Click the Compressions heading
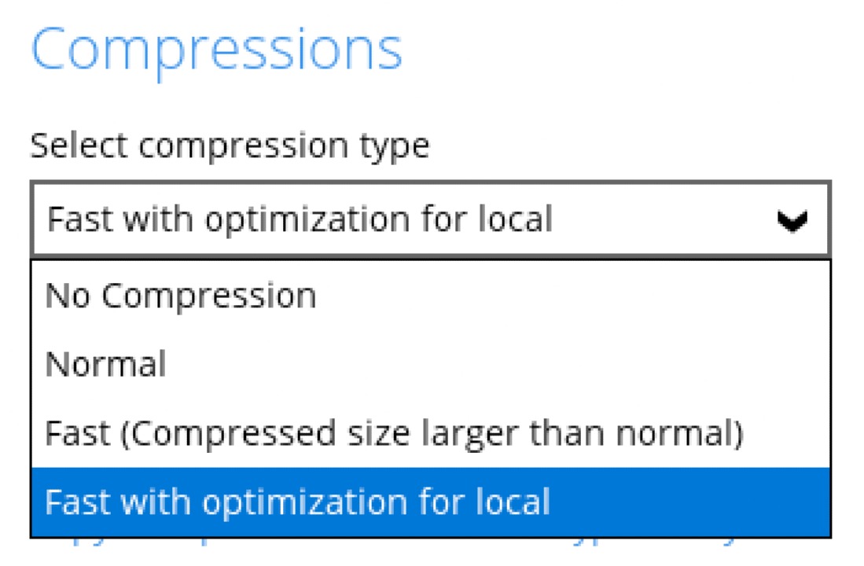click(x=216, y=49)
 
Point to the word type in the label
click(x=399, y=147)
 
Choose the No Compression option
click(x=181, y=296)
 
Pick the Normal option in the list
click(x=105, y=364)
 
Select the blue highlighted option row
click(x=431, y=502)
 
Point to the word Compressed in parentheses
click(x=205, y=433)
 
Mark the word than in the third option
click(x=547, y=433)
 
